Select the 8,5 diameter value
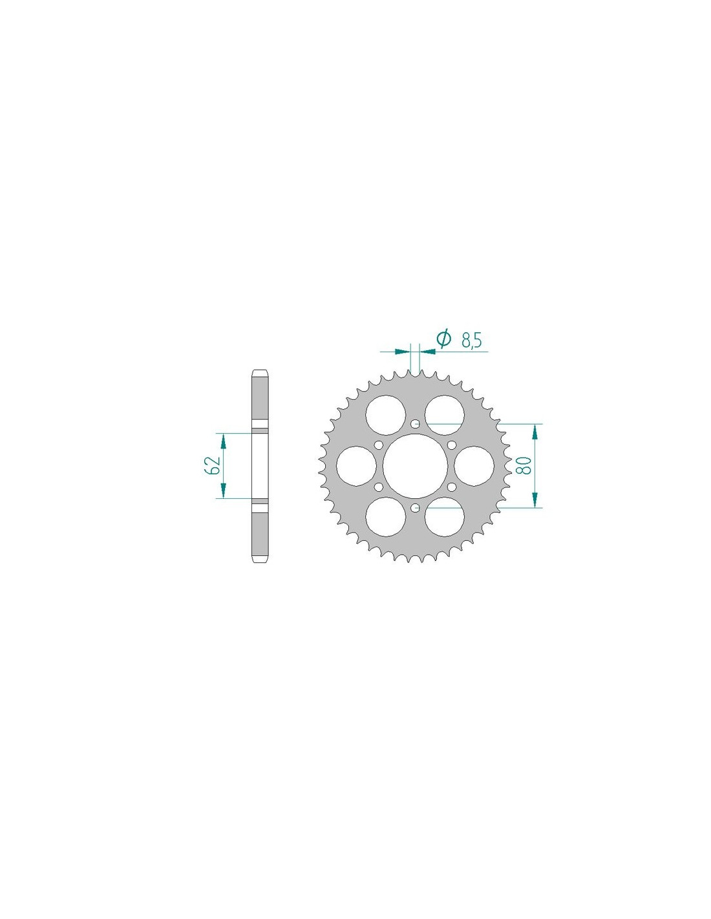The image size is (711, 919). click(471, 341)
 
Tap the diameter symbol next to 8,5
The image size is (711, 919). click(443, 339)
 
